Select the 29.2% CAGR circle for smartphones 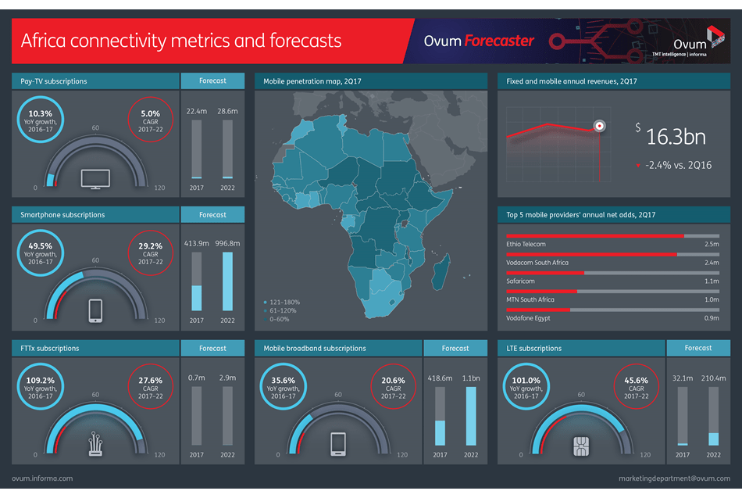click(x=149, y=253)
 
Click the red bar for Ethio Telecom click(x=595, y=235)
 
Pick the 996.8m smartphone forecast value click(x=227, y=243)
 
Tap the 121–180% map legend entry click(x=283, y=302)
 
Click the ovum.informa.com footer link click(x=43, y=478)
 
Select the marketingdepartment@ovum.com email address click(x=673, y=478)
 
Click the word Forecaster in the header click(x=499, y=40)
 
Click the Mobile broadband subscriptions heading click(x=314, y=348)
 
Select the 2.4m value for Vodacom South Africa click(x=711, y=263)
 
